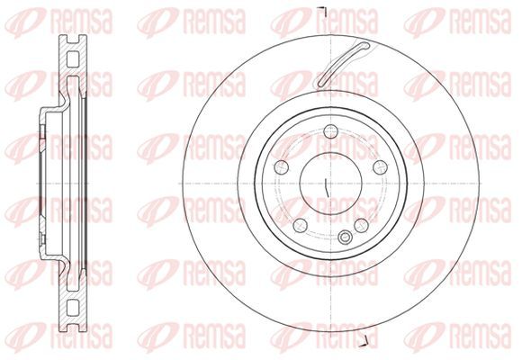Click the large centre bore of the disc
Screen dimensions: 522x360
pos(330,184)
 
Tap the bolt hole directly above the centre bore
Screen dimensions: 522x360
pos(330,131)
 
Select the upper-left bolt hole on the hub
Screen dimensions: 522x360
pos(282,167)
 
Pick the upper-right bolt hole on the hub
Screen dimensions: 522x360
pos(380,167)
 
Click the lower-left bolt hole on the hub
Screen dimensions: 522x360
pos(301,226)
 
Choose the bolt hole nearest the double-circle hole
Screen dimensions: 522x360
pos(361,226)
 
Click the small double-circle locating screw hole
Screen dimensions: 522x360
pos(345,237)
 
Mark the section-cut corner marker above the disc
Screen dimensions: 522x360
pos(324,11)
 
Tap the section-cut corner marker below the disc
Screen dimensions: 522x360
pos(365,343)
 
